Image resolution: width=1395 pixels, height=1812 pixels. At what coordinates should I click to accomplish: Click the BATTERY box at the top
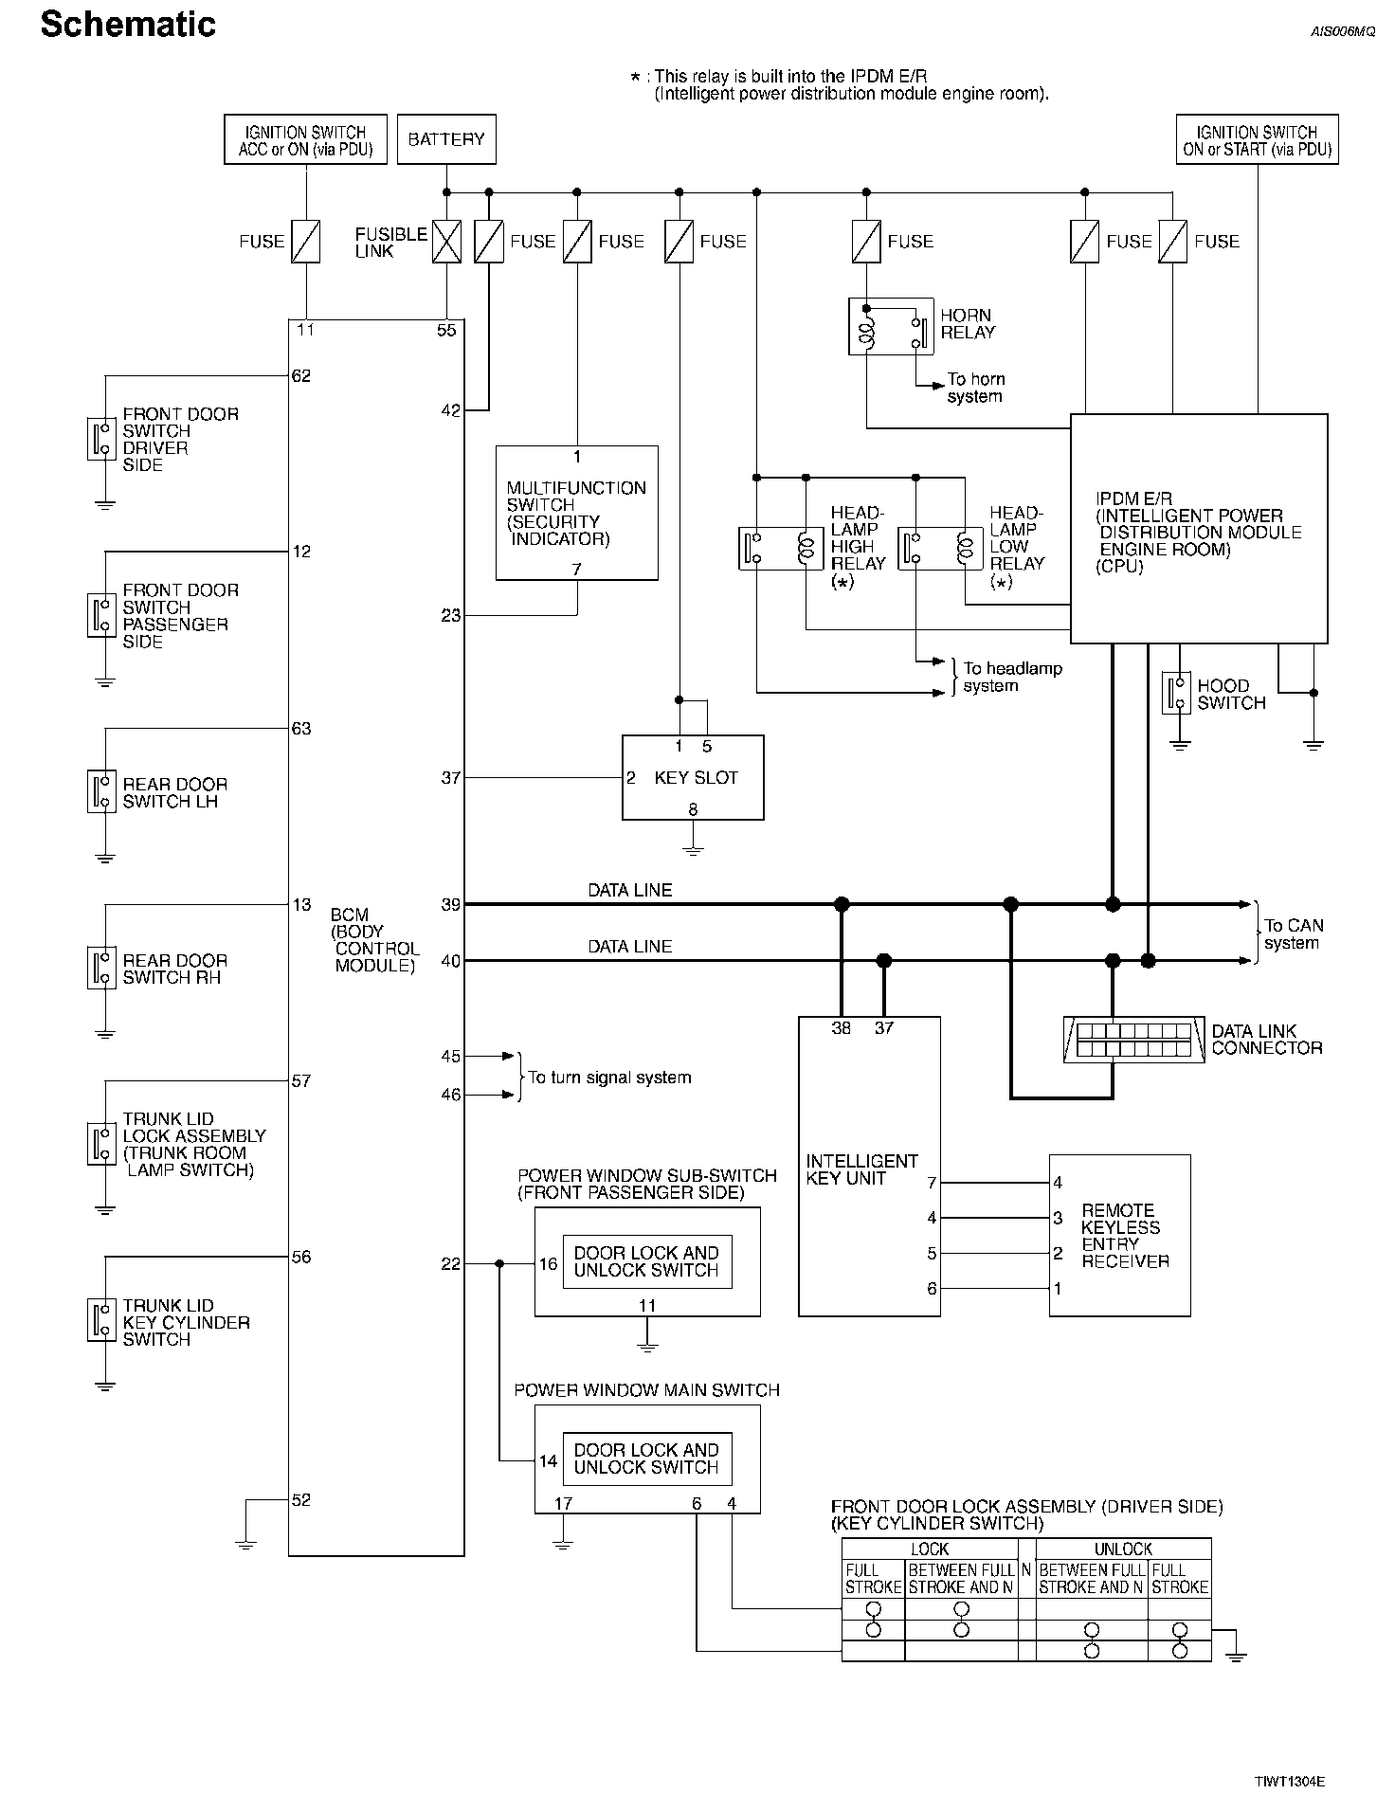tap(445, 139)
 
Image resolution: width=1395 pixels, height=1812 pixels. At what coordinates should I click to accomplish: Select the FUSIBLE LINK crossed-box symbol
tap(446, 242)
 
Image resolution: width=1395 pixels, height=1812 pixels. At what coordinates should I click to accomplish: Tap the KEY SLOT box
tap(693, 777)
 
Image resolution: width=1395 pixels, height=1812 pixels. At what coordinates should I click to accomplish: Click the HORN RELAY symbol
tap(891, 327)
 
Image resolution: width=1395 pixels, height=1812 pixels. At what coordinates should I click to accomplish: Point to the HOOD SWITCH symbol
tap(1177, 694)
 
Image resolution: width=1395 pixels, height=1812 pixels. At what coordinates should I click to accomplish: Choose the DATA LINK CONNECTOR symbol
tap(1134, 1040)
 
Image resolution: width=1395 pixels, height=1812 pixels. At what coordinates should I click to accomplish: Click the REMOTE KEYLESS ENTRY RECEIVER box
tap(1119, 1235)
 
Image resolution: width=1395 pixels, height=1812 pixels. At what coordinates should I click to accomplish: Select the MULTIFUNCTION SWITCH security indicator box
tap(576, 513)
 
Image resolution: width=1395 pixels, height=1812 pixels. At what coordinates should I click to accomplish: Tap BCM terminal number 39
tap(450, 905)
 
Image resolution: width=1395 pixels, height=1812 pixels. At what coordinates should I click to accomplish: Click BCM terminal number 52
tap(301, 1500)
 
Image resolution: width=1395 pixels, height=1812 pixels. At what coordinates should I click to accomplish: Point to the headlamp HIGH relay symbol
tap(779, 548)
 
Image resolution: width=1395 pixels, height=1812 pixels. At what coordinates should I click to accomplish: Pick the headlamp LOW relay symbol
tap(939, 548)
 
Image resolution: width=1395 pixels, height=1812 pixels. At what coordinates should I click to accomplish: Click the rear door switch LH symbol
tap(101, 791)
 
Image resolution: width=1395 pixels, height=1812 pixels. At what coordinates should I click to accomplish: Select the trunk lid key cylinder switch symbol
tap(101, 1319)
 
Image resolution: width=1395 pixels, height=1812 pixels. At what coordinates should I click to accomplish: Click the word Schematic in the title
tap(128, 25)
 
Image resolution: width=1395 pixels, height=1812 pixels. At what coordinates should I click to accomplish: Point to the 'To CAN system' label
tap(1293, 933)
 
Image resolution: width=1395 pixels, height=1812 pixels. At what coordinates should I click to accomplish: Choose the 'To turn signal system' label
tap(609, 1078)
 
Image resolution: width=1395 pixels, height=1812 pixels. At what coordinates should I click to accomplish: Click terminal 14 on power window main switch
tap(548, 1460)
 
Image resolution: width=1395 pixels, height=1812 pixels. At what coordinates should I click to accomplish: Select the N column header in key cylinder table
tap(1026, 1569)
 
